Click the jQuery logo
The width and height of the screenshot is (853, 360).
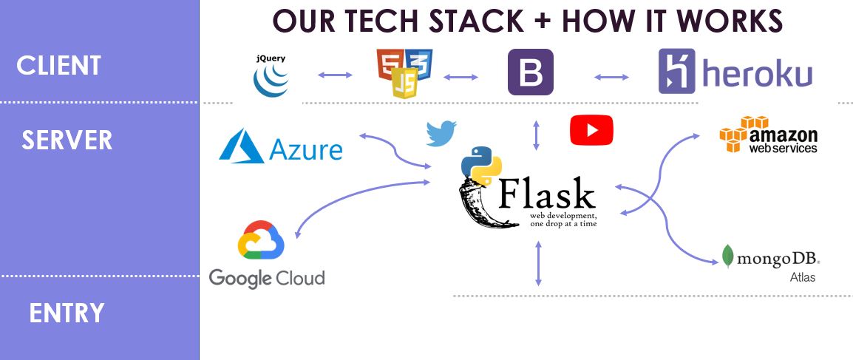point(271,75)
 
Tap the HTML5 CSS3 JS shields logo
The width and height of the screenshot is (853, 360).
point(405,73)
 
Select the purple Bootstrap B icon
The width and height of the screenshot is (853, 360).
point(531,72)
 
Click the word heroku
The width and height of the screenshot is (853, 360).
point(757,73)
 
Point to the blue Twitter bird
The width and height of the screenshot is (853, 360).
point(441,133)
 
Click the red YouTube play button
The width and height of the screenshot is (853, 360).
point(591,130)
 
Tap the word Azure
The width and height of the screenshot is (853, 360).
point(306,149)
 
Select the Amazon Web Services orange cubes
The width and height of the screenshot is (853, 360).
point(738,134)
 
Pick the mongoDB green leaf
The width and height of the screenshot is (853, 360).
point(727,256)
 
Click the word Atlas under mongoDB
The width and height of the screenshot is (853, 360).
point(803,277)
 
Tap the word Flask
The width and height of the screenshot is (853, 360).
point(546,194)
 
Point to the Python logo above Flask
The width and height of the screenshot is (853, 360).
point(481,166)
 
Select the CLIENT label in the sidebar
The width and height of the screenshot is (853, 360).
point(58,66)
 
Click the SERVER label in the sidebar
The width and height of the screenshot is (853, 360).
point(67,140)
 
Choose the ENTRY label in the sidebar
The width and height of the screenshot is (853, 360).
point(67,313)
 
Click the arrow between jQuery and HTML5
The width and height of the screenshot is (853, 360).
point(335,75)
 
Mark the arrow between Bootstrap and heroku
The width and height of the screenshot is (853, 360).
point(611,77)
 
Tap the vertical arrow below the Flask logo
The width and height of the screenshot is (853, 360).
point(539,263)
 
